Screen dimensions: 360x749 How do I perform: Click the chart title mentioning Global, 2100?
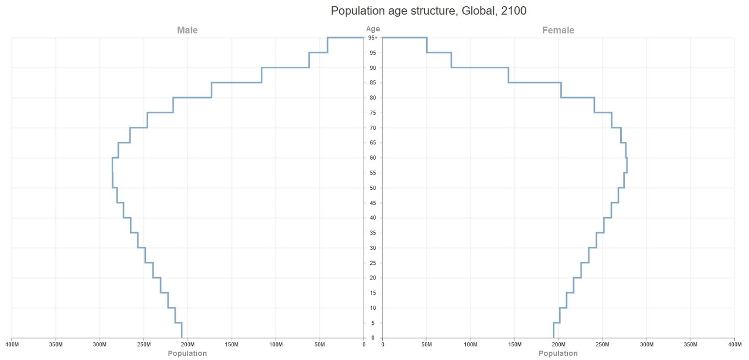click(428, 11)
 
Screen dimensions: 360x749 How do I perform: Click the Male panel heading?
click(187, 30)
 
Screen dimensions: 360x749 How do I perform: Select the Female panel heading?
click(558, 30)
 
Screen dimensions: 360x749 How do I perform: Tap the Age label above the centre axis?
click(373, 29)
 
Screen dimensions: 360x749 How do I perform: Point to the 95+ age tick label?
click(373, 38)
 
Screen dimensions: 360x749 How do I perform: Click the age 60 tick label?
click(373, 158)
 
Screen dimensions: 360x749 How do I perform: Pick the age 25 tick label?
click(373, 263)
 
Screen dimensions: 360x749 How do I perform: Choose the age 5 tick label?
click(373, 323)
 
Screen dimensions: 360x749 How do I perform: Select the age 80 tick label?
click(373, 98)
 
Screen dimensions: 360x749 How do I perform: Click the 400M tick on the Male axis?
click(12, 345)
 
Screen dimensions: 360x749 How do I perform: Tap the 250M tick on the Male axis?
click(144, 345)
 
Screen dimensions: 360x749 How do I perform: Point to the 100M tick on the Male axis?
click(276, 345)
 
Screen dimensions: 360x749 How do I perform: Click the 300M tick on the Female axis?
click(647, 345)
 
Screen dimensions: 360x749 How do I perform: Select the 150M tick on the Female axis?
click(515, 345)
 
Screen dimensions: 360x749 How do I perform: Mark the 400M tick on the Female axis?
click(734, 345)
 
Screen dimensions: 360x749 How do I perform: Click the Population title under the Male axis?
click(187, 354)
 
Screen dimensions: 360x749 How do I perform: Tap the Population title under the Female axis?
click(558, 354)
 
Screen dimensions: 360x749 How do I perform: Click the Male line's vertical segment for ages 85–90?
click(262, 75)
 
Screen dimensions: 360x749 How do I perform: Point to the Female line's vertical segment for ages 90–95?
click(451, 60)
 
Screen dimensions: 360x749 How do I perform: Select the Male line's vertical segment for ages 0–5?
click(182, 330)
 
